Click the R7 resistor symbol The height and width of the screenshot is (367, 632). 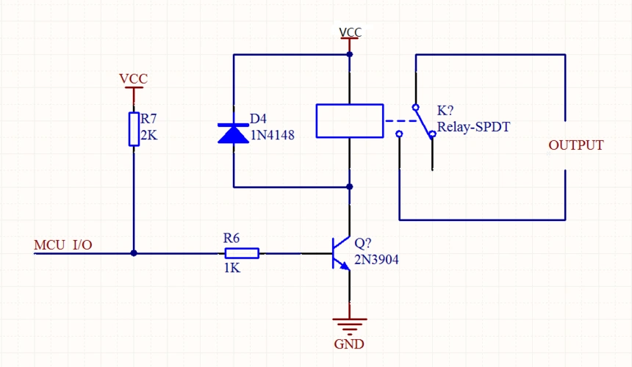134,129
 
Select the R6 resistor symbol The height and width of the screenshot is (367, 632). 241,253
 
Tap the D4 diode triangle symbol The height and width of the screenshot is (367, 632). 233,133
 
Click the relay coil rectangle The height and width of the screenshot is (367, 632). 350,121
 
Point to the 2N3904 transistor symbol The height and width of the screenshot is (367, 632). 340,253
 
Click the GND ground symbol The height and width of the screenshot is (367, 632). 349,323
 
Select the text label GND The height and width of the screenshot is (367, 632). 349,344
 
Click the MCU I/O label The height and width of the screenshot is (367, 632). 63,244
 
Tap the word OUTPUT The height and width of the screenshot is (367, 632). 576,145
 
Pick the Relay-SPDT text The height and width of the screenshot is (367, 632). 473,127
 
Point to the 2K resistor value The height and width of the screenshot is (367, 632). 149,135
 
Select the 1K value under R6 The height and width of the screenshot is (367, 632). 231,268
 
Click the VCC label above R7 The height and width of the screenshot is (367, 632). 134,79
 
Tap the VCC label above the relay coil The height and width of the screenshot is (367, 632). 350,32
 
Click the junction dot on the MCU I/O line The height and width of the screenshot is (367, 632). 134,253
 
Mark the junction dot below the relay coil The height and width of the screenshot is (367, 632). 350,187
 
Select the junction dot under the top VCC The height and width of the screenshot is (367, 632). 350,54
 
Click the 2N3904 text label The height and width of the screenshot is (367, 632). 376,259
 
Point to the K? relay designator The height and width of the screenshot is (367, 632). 445,111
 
